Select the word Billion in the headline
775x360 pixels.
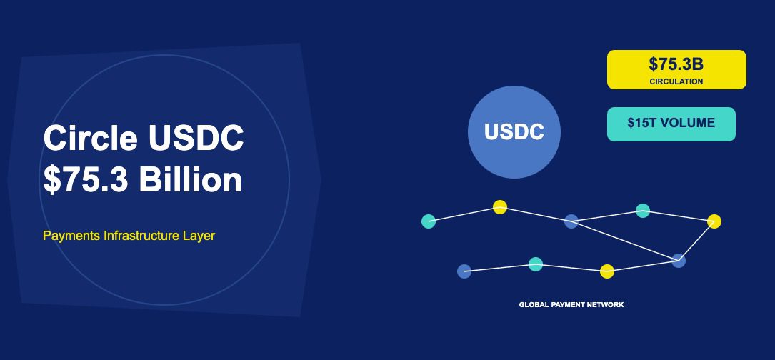(x=190, y=180)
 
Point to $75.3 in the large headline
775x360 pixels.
(x=86, y=180)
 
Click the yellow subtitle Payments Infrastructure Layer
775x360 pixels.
(x=129, y=235)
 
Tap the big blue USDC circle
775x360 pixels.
(x=514, y=131)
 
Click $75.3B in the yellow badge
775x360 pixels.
(x=676, y=64)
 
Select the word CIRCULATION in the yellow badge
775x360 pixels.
(x=676, y=81)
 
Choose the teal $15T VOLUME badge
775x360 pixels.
(x=671, y=124)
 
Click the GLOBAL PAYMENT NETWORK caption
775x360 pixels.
(x=571, y=305)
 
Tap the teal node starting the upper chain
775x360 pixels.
(x=429, y=221)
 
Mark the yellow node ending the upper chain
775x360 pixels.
(x=714, y=221)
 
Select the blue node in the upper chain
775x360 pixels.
(x=571, y=221)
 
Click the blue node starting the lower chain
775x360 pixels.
(x=464, y=271)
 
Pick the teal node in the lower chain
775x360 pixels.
(x=536, y=264)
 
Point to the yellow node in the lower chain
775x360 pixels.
(x=607, y=271)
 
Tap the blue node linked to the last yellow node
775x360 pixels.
(x=679, y=261)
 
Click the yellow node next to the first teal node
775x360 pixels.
(x=500, y=207)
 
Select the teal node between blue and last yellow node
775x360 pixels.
(x=643, y=211)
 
